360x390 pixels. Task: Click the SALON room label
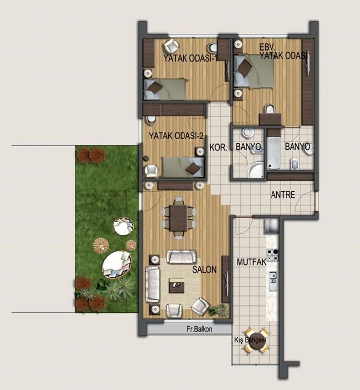[x=204, y=270]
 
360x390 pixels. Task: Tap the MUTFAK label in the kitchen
[x=251, y=262]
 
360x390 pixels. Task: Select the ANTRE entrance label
[x=283, y=194]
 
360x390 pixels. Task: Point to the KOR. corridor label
[x=219, y=148]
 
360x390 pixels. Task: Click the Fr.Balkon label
[x=199, y=329]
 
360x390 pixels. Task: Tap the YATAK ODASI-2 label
[x=176, y=136]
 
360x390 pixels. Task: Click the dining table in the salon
[x=178, y=218]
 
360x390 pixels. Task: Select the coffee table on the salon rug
[x=177, y=286]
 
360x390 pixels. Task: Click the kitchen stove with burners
[x=272, y=255]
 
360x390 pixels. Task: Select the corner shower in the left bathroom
[x=256, y=170]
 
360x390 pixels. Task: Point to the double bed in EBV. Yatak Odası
[x=254, y=71]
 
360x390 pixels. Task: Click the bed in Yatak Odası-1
[x=165, y=89]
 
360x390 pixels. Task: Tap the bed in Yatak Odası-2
[x=183, y=167]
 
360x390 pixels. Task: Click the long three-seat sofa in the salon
[x=153, y=284]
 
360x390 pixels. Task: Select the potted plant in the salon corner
[x=219, y=310]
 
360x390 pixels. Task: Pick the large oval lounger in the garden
[x=117, y=265]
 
